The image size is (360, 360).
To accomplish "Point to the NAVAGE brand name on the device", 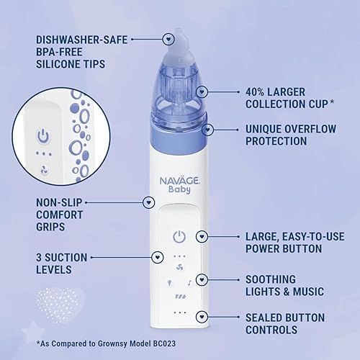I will point(174,184).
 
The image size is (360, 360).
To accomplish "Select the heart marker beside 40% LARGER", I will point(204,92).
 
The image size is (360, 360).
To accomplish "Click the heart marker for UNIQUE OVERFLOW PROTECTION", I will point(208,130).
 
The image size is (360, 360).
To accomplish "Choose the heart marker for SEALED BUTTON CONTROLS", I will point(204,316).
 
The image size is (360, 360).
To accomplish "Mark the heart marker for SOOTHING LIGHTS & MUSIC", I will point(204,279).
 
